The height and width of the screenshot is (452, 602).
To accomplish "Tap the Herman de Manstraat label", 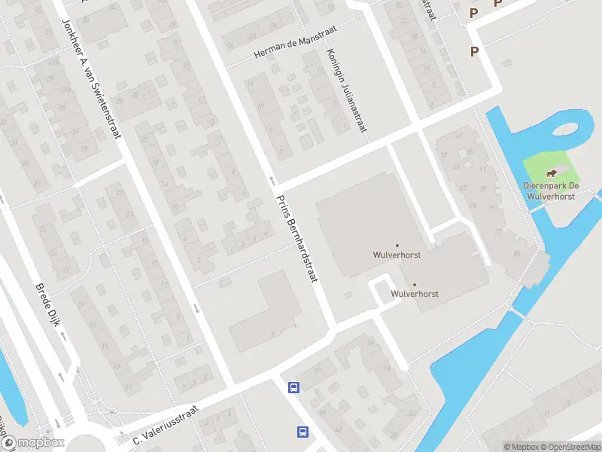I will click(x=294, y=42).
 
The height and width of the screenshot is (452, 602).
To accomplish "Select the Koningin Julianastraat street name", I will click(x=346, y=91).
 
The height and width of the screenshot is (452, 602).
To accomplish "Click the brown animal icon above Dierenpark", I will click(x=553, y=173).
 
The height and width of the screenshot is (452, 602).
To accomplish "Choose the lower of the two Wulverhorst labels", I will click(x=415, y=294).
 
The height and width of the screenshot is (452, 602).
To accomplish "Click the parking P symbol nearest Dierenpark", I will click(x=474, y=51).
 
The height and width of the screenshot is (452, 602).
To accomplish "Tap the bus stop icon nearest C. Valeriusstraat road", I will click(x=293, y=388).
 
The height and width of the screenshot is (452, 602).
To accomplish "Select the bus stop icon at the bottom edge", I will click(x=303, y=432).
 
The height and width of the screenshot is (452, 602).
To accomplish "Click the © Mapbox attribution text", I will click(x=520, y=447).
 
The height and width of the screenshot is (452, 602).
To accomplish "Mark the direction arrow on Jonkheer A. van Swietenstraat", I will click(x=197, y=307).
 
